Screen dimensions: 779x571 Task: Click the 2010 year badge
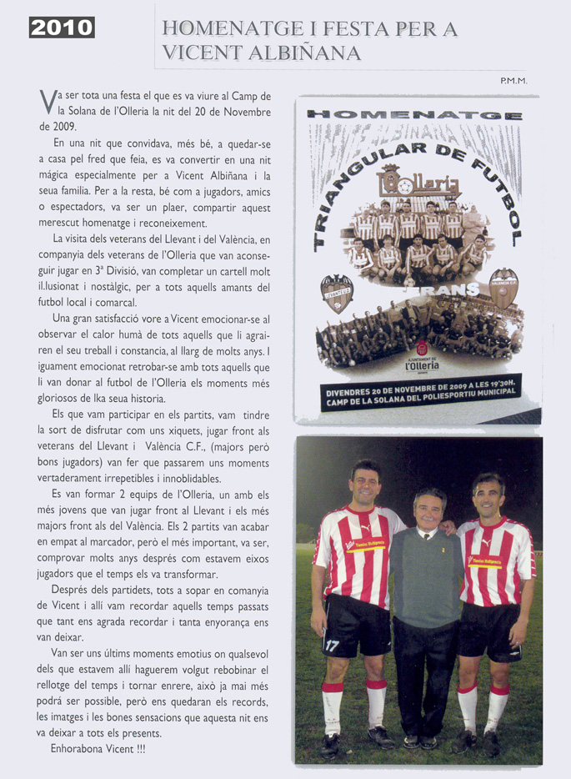coord(62,28)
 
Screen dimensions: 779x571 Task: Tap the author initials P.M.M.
coord(514,81)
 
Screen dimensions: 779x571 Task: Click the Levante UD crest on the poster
coord(337,293)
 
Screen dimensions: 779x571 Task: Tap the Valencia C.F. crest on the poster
coord(503,288)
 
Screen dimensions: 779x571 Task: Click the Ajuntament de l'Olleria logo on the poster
coord(421,357)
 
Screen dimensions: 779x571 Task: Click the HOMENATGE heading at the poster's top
coord(414,114)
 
